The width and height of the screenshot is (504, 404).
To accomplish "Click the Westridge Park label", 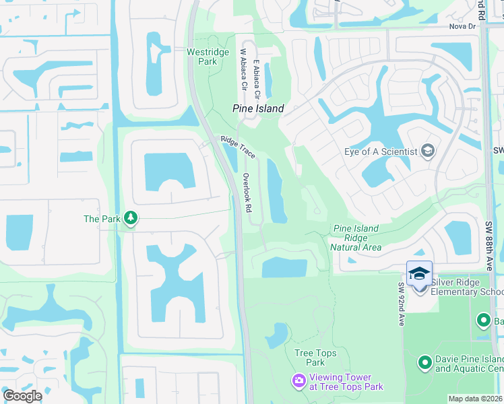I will click(202, 56).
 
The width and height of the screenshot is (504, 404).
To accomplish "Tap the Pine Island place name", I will click(258, 108).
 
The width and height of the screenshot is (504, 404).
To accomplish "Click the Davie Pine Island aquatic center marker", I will click(424, 364).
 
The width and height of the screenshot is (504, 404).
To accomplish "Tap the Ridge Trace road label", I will click(238, 147).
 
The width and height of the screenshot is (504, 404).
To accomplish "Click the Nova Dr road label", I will click(462, 27).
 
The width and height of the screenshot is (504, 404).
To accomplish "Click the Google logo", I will click(22, 396).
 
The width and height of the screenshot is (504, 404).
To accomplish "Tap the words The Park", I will click(101, 218).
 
